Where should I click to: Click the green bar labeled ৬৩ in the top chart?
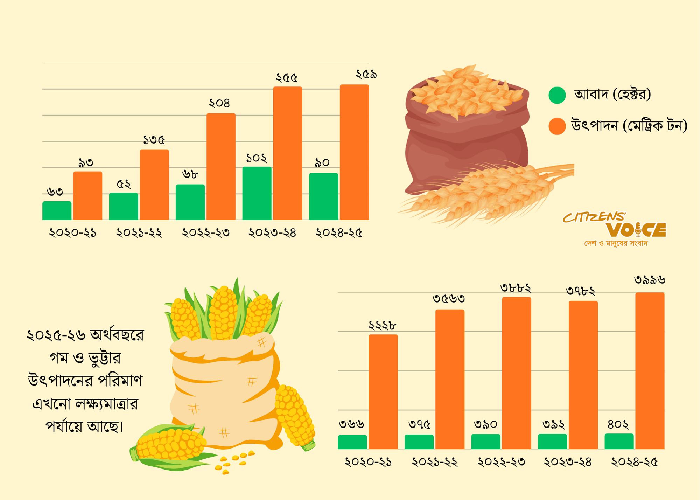[x=57, y=211]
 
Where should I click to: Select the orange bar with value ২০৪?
[x=221, y=167]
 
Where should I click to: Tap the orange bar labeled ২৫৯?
[x=354, y=152]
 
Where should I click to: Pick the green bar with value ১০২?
[x=257, y=193]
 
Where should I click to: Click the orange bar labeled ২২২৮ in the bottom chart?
[x=383, y=391]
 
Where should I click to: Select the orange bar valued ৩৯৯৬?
[x=650, y=370]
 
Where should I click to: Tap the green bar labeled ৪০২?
[x=619, y=441]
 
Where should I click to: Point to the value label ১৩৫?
[x=154, y=140]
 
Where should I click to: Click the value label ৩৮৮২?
[x=516, y=288]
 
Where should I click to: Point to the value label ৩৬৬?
[x=352, y=424]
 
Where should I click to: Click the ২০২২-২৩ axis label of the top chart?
[x=206, y=233]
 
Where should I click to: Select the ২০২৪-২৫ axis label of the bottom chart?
[x=634, y=462]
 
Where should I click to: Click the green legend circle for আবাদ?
[x=557, y=95]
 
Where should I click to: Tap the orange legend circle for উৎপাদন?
[x=557, y=126]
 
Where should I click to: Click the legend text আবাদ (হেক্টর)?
[x=612, y=94]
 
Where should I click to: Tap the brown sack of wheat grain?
[x=465, y=140]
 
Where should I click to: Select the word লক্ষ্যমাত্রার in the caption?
[x=106, y=404]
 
